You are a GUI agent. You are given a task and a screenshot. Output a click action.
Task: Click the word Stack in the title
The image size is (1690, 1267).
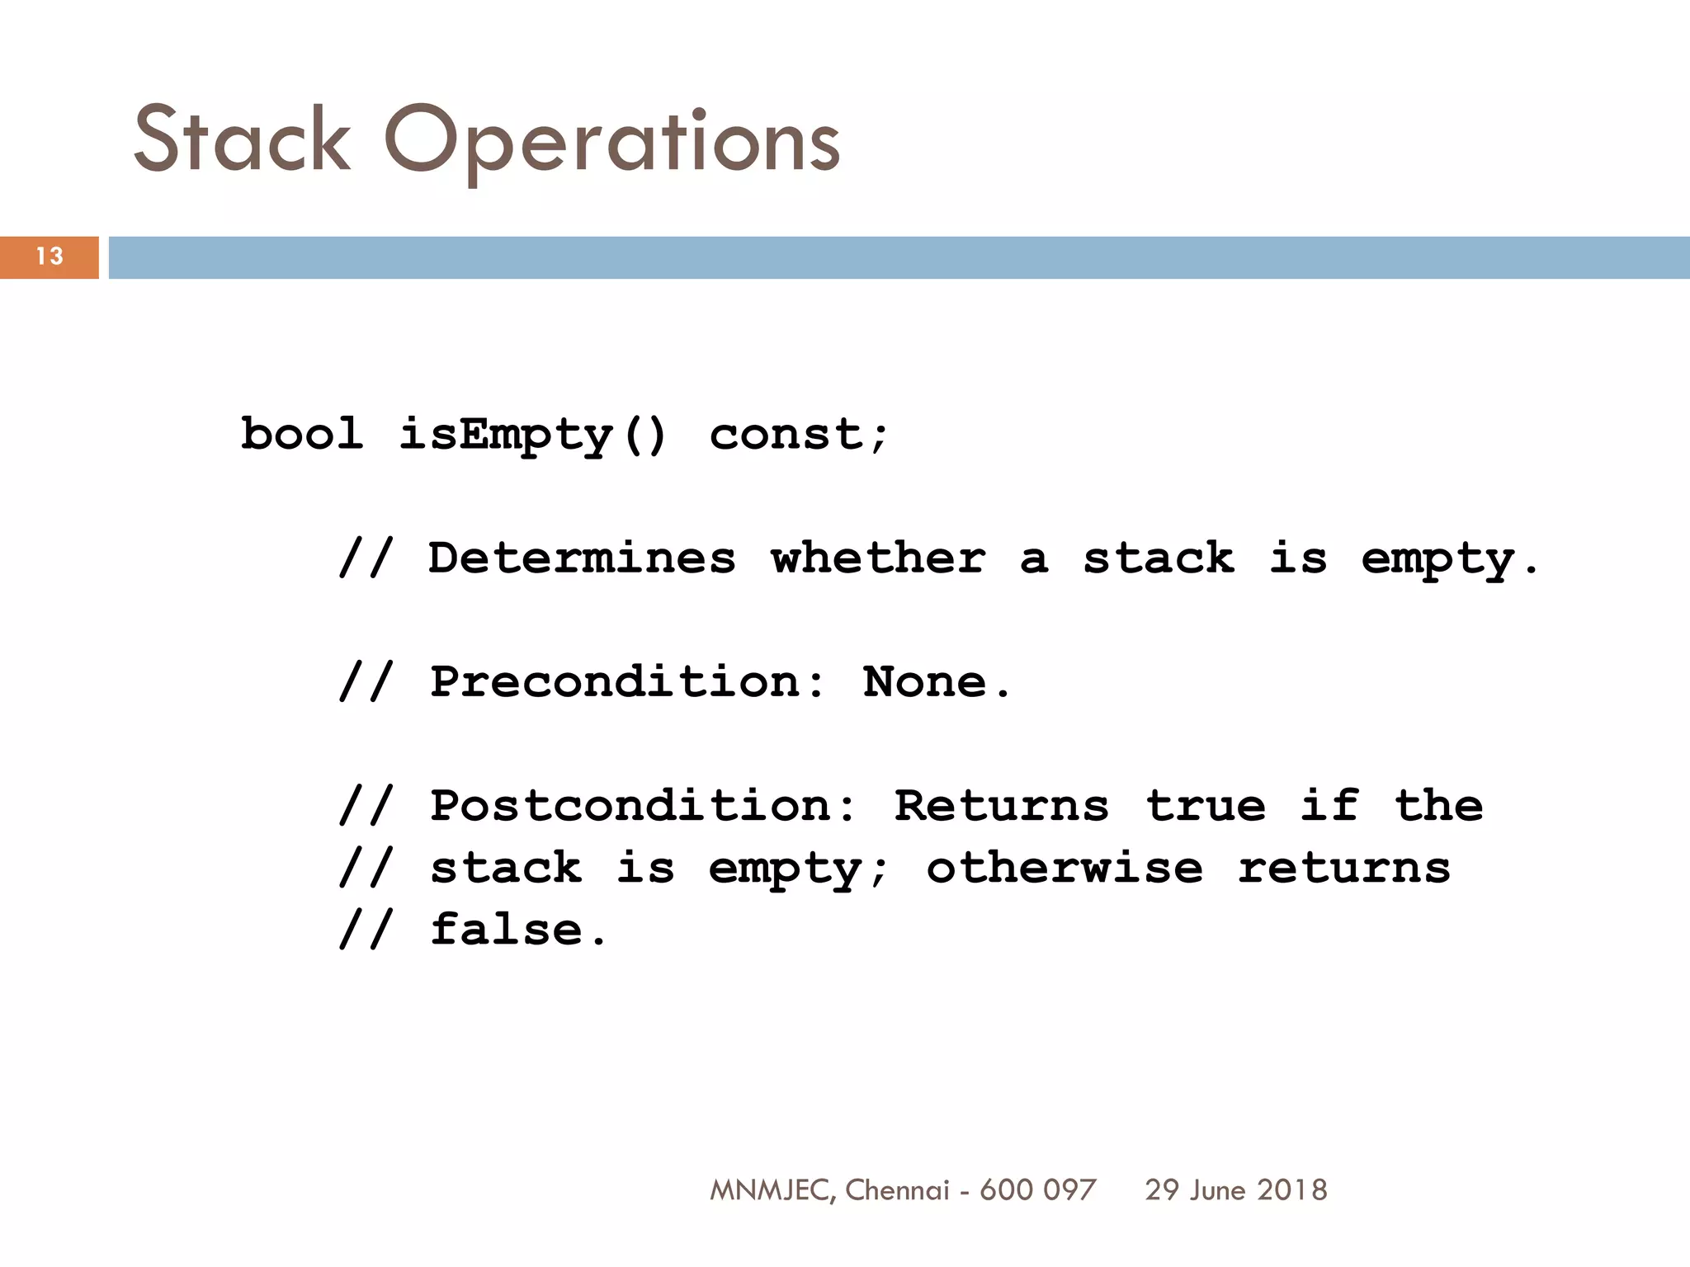[242, 139]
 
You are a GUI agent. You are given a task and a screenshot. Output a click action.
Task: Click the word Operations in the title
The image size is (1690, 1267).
[611, 142]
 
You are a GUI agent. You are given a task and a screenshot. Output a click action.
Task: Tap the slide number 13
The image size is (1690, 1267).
[50, 257]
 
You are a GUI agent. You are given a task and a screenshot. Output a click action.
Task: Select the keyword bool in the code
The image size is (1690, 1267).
[302, 434]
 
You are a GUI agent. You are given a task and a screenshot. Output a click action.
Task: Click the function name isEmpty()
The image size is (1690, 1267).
[532, 436]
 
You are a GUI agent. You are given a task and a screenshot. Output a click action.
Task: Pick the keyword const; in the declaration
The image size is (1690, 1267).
[798, 435]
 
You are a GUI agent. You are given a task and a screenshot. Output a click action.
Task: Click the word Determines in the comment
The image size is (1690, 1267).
[582, 558]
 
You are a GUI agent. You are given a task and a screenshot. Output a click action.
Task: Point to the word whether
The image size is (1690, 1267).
[879, 558]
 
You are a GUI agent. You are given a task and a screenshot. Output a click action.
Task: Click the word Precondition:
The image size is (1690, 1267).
[627, 682]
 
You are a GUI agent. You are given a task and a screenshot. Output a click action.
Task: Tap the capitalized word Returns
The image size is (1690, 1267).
[1002, 806]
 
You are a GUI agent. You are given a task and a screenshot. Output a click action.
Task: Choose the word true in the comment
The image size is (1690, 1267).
[1206, 806]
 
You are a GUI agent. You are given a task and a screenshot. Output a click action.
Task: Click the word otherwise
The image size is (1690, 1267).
[1065, 868]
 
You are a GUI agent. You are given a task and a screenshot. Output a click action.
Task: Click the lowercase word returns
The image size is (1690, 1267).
[1344, 868]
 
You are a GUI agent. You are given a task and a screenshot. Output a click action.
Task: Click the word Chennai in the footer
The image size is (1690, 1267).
[897, 1190]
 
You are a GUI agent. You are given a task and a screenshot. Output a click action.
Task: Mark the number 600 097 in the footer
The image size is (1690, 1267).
[1038, 1190]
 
